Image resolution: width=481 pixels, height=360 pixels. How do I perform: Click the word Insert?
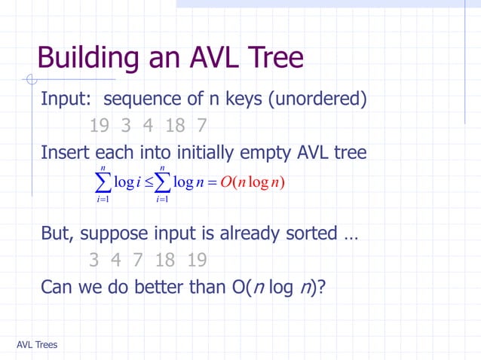click(x=66, y=153)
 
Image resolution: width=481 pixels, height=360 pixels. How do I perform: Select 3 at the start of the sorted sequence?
click(x=93, y=261)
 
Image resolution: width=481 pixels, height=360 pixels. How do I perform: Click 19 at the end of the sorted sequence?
click(x=196, y=261)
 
